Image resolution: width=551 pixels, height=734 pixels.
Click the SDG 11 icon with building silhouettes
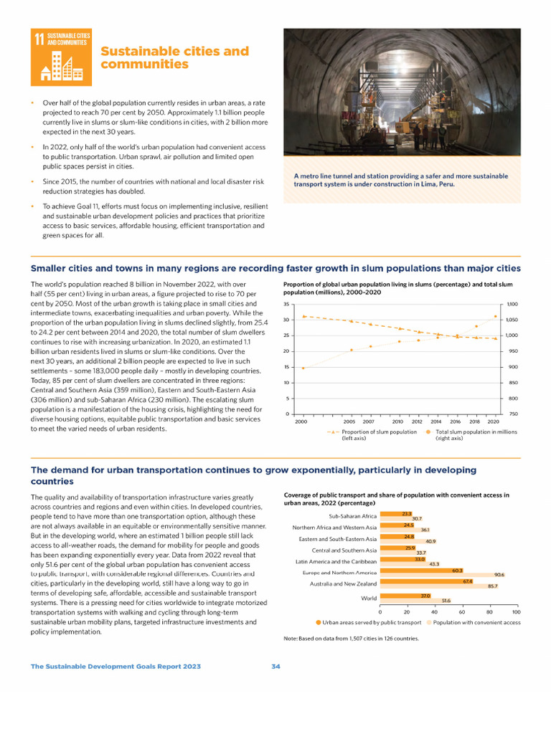click(x=61, y=55)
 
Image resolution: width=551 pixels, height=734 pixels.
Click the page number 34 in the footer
click(x=275, y=667)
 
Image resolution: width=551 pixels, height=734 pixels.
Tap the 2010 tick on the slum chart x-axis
click(x=397, y=422)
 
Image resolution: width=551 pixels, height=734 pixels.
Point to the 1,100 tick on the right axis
click(x=512, y=304)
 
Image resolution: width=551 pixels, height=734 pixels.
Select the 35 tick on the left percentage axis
click(x=287, y=304)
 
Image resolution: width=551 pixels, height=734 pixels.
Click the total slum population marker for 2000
click(x=303, y=368)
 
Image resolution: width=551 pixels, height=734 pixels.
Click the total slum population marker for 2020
click(x=495, y=316)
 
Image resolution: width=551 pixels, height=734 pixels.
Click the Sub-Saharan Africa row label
click(x=352, y=516)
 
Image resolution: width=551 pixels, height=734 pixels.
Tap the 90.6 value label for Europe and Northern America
click(x=499, y=575)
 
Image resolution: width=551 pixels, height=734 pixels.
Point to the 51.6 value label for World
click(x=446, y=601)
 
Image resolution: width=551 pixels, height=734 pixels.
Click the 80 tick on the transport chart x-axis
click(x=489, y=611)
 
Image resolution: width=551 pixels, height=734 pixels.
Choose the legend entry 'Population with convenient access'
click(x=476, y=623)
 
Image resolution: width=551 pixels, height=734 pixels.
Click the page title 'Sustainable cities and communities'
click(x=174, y=58)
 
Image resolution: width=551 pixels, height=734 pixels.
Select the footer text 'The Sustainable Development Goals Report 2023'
click(x=116, y=667)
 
